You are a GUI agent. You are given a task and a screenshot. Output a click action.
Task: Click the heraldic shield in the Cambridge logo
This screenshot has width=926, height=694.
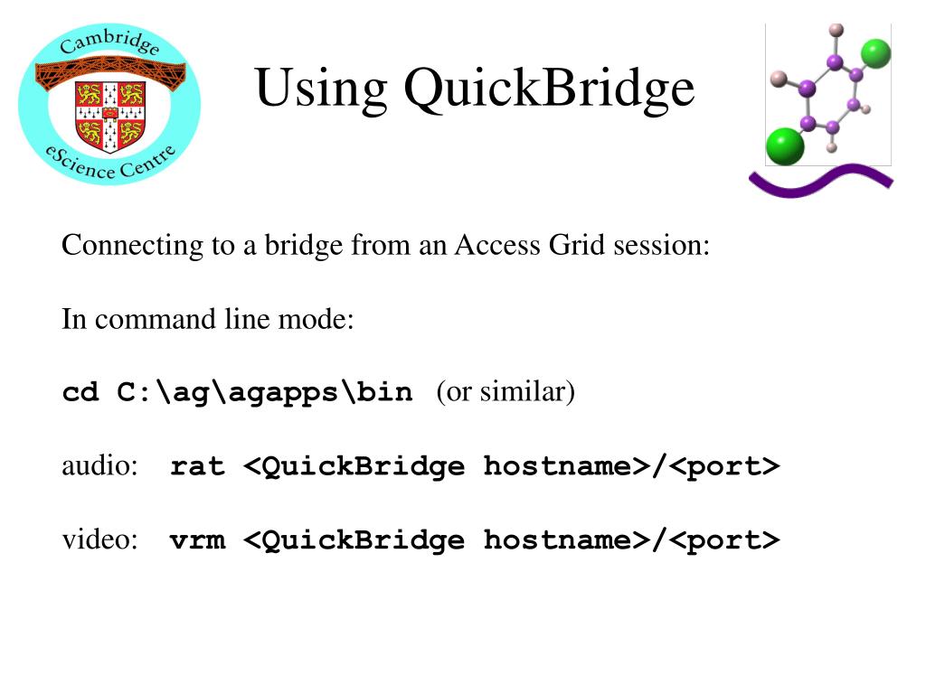tap(110, 115)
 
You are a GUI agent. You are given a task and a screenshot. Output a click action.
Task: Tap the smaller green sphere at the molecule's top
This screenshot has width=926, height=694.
tap(875, 53)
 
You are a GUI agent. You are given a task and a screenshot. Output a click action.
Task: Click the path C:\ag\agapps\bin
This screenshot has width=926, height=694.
tap(265, 393)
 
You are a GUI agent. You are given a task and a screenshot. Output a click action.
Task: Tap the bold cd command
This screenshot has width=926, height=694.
tap(80, 393)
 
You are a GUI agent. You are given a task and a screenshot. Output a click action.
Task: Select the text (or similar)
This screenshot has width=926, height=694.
tap(505, 392)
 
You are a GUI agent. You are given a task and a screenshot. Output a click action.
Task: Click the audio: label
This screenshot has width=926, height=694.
tap(99, 466)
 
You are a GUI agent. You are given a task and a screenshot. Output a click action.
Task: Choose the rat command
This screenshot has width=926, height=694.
tap(197, 467)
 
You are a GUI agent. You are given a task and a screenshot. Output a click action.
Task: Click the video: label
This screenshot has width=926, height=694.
tap(99, 540)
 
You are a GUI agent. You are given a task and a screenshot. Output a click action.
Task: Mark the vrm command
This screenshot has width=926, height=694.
tap(197, 540)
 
